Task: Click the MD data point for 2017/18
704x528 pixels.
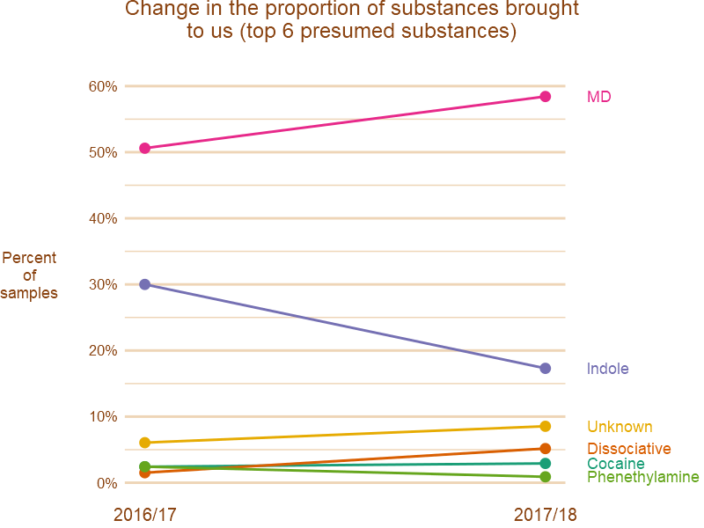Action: (546, 97)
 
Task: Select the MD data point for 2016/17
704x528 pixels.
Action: (144, 149)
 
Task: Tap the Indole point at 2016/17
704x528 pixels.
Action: (144, 284)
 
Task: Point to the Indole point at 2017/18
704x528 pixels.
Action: (546, 369)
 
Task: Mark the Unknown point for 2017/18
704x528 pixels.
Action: (546, 427)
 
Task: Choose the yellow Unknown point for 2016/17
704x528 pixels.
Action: (144, 443)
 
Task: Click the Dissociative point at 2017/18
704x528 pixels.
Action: (546, 449)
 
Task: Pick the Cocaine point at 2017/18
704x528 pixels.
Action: (546, 464)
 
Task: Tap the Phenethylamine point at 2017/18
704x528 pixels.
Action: (546, 477)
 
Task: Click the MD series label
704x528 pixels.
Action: (599, 97)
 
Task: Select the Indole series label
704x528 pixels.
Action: (608, 369)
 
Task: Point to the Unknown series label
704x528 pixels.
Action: (620, 427)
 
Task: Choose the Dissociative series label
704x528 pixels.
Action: (628, 449)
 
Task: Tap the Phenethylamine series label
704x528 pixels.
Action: (642, 478)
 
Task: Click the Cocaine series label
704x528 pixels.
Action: (615, 464)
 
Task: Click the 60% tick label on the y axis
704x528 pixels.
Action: (102, 86)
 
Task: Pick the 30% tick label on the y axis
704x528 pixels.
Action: (102, 284)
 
